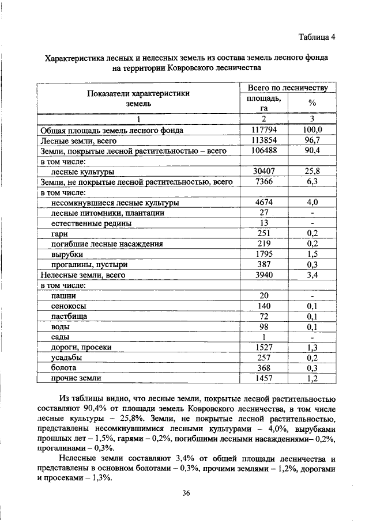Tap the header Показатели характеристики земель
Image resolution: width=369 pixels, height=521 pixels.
tap(138, 98)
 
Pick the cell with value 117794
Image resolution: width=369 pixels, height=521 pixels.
tap(263, 130)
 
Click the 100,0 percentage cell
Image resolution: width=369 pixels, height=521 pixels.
tap(312, 130)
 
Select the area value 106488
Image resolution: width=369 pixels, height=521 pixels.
tap(263, 150)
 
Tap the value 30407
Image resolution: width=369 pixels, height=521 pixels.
tap(263, 172)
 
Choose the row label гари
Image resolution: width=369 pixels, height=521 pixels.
tap(59, 234)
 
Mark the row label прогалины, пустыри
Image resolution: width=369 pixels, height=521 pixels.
tap(89, 265)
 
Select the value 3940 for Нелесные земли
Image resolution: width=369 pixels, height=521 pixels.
tap(263, 275)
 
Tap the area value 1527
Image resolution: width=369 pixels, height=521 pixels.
tap(263, 347)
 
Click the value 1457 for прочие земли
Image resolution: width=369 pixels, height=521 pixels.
tap(263, 378)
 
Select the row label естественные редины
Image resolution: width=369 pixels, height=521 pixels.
tap(91, 223)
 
